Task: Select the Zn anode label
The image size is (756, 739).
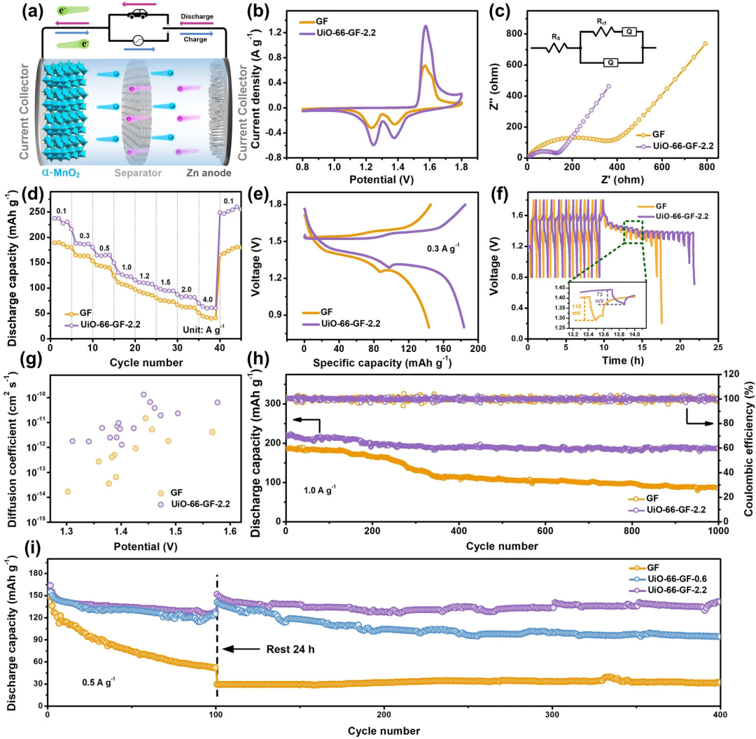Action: (x=208, y=171)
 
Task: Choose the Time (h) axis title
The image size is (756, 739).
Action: (x=622, y=362)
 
